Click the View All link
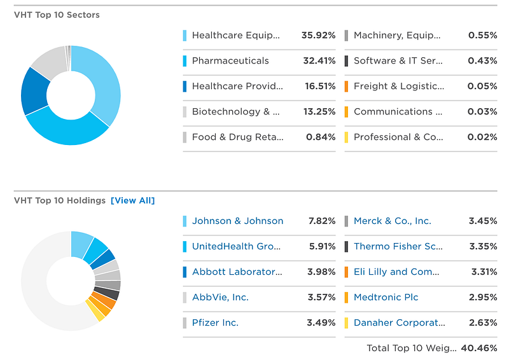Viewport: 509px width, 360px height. [x=132, y=200]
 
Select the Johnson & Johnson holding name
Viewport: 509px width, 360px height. [x=237, y=221]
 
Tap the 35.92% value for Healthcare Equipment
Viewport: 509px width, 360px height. [x=318, y=35]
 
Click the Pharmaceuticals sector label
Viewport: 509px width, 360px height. [x=230, y=60]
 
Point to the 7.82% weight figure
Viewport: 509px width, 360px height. [x=321, y=221]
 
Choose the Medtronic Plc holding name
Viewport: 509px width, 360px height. [x=386, y=297]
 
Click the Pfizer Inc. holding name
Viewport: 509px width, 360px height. [x=215, y=322]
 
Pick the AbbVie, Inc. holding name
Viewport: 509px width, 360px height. [x=220, y=297]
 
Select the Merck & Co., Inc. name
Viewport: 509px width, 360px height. [x=392, y=221]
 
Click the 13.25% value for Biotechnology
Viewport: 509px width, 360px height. [x=318, y=111]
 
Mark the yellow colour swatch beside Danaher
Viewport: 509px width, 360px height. [x=346, y=322]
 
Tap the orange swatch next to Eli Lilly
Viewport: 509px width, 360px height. [x=346, y=272]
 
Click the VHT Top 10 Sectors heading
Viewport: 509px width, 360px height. [x=57, y=15]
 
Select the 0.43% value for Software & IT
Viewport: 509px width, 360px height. [x=482, y=60]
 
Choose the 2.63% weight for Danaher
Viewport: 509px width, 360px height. [x=482, y=322]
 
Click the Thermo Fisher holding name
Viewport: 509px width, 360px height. [x=398, y=246]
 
